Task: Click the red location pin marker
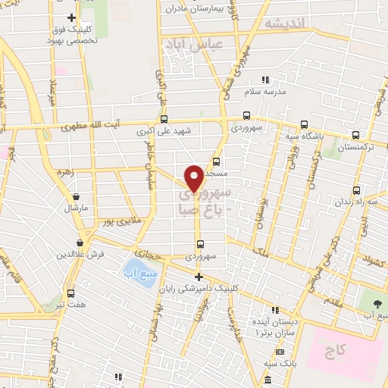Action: pos(195,177)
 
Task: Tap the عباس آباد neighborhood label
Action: pos(192,44)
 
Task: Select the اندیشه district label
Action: pos(283,23)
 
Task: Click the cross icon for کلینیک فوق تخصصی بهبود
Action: pos(71,17)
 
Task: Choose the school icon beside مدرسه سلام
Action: pos(265,80)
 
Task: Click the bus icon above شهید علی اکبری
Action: pos(164,118)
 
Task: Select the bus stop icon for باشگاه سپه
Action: pos(304,126)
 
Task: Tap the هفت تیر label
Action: pos(71,305)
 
